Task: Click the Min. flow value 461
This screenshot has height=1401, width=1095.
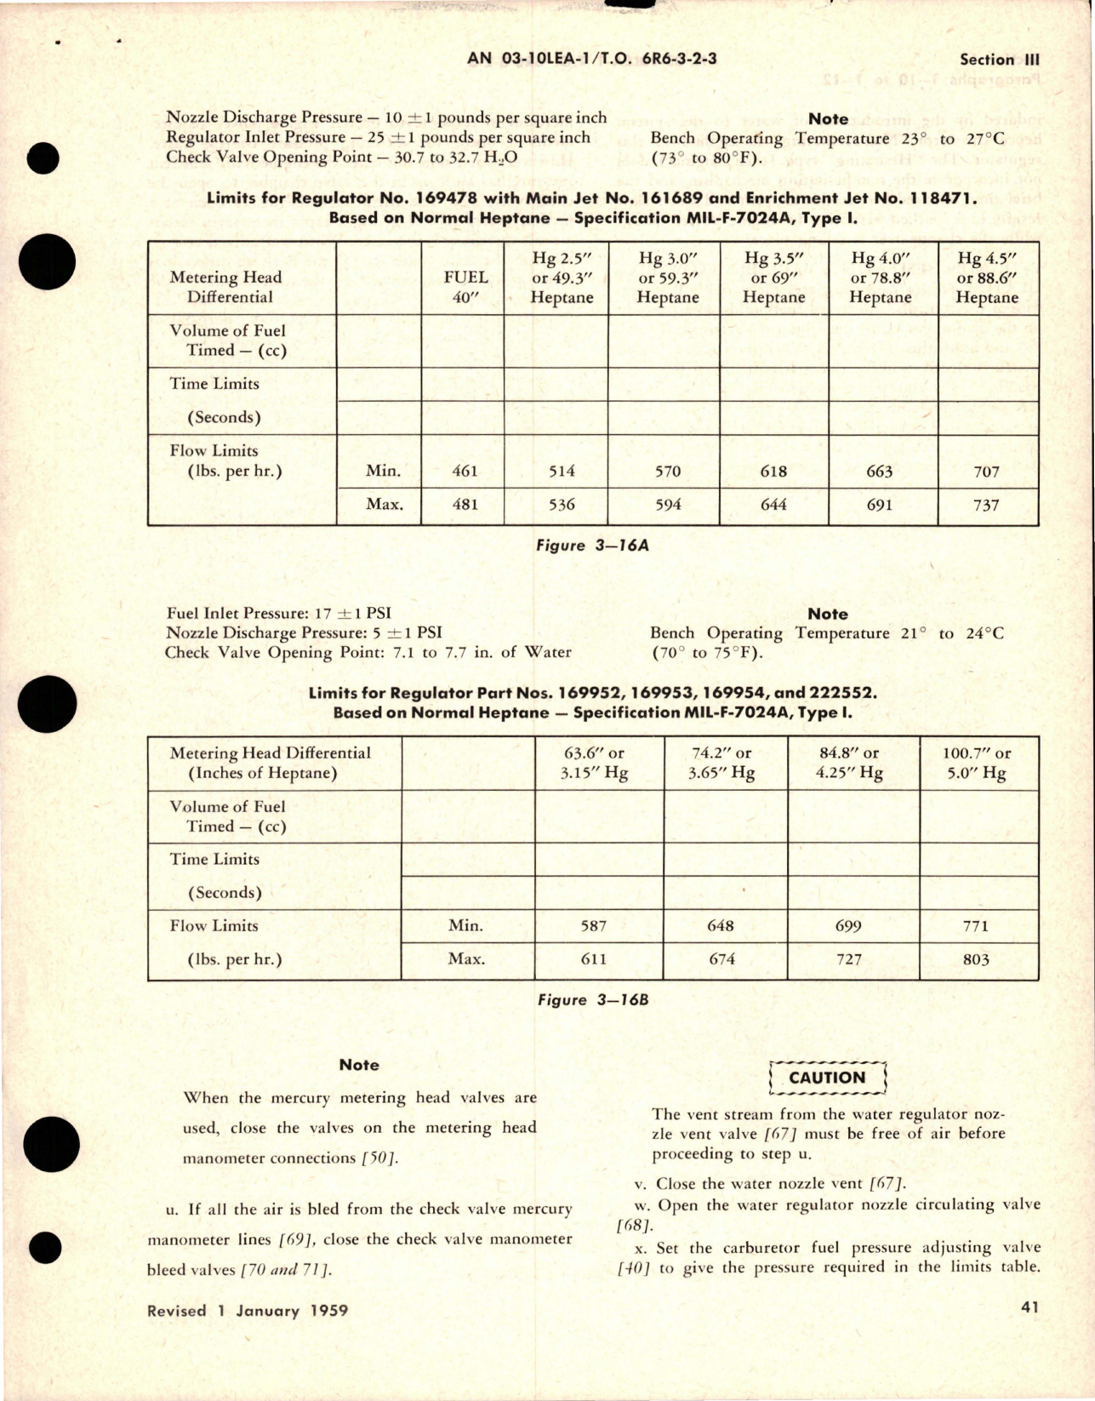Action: click(465, 471)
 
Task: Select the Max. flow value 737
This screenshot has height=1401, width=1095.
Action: click(986, 505)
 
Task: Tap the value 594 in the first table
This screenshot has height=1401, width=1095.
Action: click(668, 505)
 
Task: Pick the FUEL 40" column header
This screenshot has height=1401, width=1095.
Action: click(465, 287)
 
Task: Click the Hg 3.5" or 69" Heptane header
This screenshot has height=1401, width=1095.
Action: click(773, 277)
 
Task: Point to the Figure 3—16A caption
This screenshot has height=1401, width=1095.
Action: click(592, 546)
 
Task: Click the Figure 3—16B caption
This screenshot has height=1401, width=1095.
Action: click(593, 1000)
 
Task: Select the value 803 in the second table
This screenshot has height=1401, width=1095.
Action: click(976, 959)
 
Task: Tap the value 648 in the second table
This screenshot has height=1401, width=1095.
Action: click(720, 925)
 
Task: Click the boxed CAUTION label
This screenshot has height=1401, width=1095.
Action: click(827, 1078)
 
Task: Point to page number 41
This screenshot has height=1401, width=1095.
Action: click(1029, 1307)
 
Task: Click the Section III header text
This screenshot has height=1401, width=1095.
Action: click(999, 60)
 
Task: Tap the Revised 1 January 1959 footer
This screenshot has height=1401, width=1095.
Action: click(248, 1311)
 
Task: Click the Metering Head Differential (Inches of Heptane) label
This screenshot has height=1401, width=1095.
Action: click(270, 763)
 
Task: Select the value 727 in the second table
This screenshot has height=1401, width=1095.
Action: click(848, 959)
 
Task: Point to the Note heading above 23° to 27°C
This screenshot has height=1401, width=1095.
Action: click(827, 119)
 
